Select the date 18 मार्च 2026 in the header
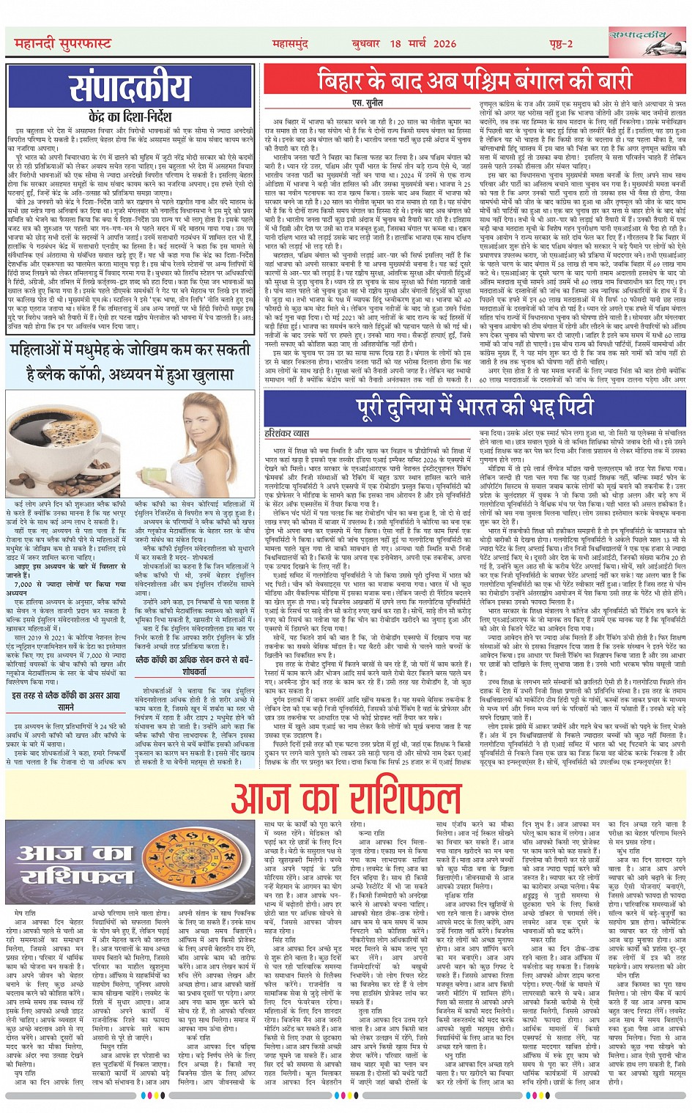pyautogui.click(x=422, y=44)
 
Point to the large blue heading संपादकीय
pyautogui.click(x=130, y=88)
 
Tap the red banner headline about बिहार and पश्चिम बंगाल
pyautogui.click(x=474, y=79)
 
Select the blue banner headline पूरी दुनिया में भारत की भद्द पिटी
pyautogui.click(x=475, y=407)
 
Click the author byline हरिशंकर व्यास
pyautogui.click(x=288, y=434)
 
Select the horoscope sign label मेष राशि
pyautogui.click(x=26, y=913)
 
